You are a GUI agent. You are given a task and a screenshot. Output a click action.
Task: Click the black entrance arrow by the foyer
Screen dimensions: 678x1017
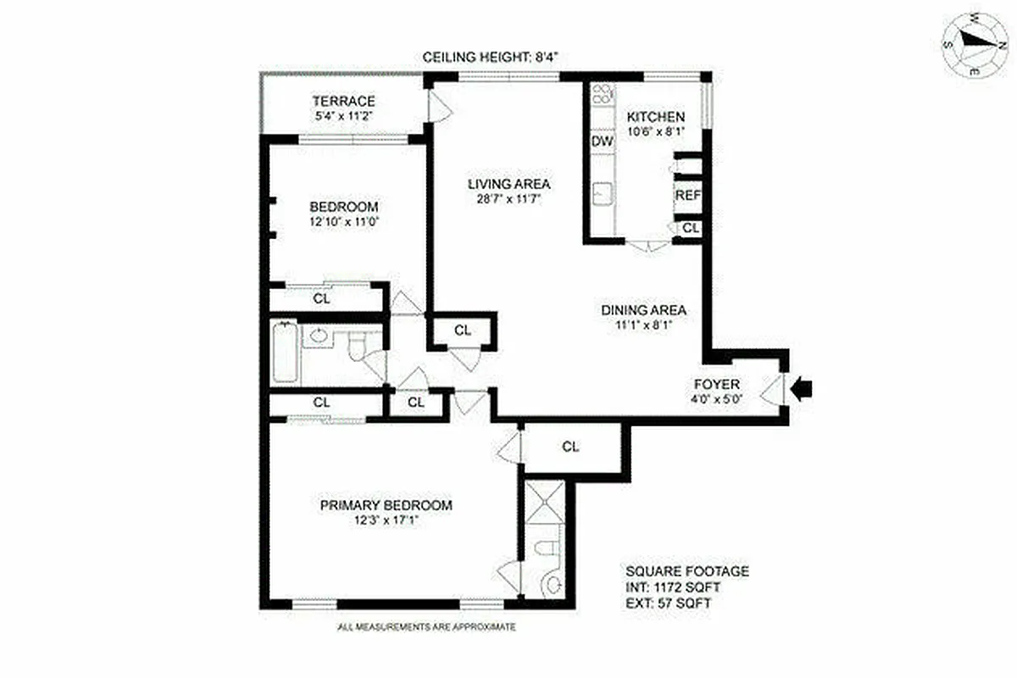tap(803, 389)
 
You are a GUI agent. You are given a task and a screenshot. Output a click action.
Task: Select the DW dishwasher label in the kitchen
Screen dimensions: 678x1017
tap(603, 142)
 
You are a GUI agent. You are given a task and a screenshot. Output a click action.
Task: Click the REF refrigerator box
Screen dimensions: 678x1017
tap(687, 196)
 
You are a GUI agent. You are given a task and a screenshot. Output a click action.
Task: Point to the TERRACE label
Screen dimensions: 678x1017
tap(342, 102)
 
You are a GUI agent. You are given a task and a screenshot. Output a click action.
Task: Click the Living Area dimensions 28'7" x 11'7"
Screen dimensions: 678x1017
tap(510, 199)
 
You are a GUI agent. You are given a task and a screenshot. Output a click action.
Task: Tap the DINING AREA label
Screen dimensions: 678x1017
tap(644, 309)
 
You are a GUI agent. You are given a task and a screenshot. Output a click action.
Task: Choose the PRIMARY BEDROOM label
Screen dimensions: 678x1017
tap(386, 505)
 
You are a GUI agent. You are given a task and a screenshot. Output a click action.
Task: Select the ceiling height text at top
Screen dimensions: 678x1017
tap(492, 58)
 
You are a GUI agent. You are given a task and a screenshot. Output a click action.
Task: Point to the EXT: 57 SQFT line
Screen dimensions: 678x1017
tap(670, 603)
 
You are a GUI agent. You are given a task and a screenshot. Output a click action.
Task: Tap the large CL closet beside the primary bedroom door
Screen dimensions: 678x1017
tap(570, 447)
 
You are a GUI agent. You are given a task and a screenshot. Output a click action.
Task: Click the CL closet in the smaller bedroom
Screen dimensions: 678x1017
tap(321, 298)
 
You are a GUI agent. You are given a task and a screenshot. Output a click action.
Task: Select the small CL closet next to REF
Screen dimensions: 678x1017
tap(691, 228)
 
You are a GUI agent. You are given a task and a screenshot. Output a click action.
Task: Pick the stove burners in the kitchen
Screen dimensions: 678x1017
tap(602, 95)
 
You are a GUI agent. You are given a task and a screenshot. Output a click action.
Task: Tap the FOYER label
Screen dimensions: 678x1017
tap(717, 385)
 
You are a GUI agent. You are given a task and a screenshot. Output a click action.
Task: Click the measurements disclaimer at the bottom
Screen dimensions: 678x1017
tap(426, 627)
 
